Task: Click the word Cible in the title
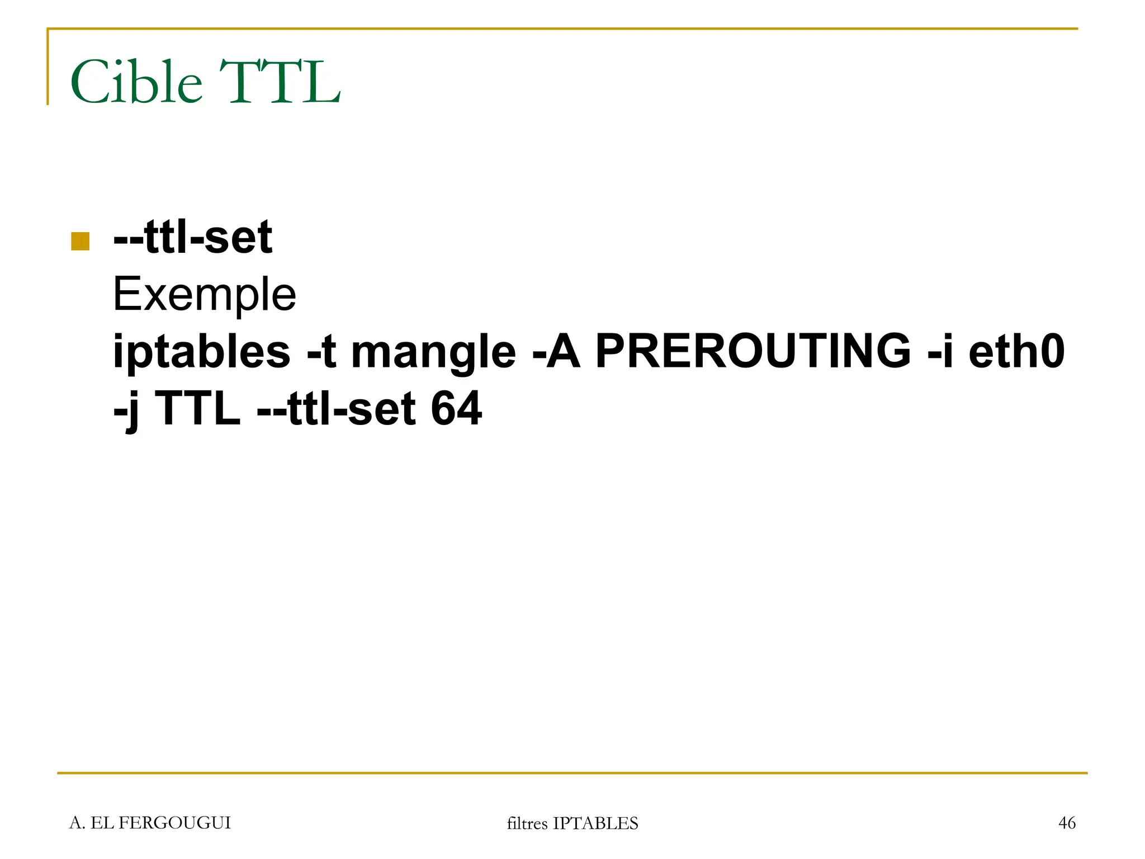click(136, 83)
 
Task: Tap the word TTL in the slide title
click(279, 83)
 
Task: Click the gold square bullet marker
click(81, 241)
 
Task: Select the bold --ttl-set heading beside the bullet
click(193, 237)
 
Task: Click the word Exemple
click(204, 295)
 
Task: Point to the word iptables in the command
click(202, 352)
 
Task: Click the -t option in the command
click(321, 352)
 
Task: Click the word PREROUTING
click(753, 352)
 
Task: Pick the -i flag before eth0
click(940, 352)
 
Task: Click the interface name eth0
click(1017, 352)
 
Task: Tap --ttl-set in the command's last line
click(336, 409)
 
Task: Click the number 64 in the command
click(456, 409)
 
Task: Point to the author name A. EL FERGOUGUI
click(150, 823)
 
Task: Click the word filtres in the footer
click(527, 824)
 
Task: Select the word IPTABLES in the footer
click(595, 824)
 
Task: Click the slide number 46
click(1067, 823)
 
